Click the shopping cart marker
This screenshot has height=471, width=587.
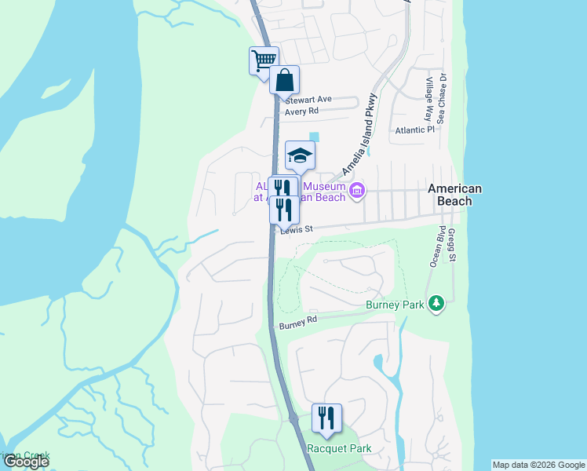coord(264,60)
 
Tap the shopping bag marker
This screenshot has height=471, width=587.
coord(284,79)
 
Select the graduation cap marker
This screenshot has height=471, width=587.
coord(300,155)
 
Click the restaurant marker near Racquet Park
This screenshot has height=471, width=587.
coord(326,418)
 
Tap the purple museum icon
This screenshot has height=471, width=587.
coord(357,190)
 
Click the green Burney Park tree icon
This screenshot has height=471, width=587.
coord(436,303)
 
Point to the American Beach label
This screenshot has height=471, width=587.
coord(454,195)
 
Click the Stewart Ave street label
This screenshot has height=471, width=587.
coord(308,100)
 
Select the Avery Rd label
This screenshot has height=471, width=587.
coord(301,111)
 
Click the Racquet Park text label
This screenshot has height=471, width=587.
coord(340,449)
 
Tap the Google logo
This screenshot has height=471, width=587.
coord(25,462)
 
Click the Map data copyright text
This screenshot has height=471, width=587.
coord(538,465)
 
